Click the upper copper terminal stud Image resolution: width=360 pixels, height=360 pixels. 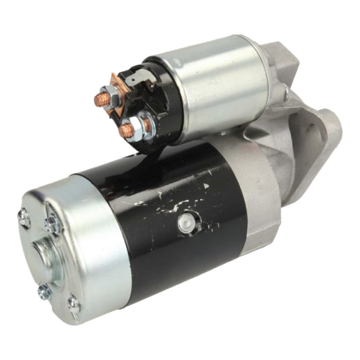tap(98, 99)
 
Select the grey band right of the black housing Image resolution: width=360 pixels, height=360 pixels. tap(259, 202)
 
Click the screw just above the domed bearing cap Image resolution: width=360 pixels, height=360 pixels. tap(52, 223)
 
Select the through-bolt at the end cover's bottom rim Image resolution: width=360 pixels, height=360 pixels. tap(73, 304)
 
